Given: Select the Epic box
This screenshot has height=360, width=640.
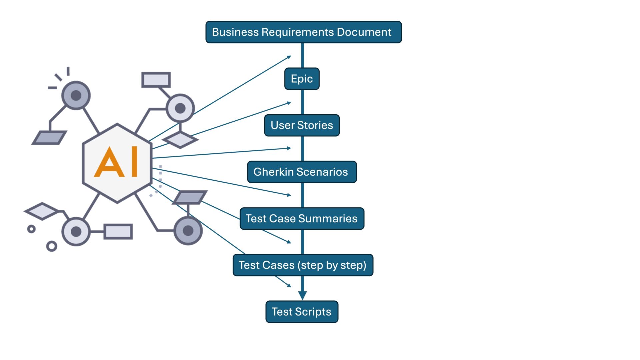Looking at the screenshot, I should pyautogui.click(x=302, y=79).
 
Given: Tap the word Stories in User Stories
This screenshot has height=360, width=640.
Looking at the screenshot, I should pyautogui.click(x=315, y=125).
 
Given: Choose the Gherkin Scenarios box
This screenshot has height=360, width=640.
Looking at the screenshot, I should pyautogui.click(x=302, y=172).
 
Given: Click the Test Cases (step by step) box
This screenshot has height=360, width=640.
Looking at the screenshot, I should pyautogui.click(x=303, y=265).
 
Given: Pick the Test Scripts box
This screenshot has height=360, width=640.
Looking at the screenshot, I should pyautogui.click(x=302, y=312).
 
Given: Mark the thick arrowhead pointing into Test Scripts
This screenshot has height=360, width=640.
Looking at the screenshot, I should pyautogui.click(x=302, y=295).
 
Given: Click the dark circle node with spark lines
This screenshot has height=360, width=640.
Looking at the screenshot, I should pyautogui.click(x=76, y=95).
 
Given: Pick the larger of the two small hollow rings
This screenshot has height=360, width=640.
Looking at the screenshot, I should pyautogui.click(x=52, y=246).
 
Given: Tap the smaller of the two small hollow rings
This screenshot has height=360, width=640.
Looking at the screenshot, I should pyautogui.click(x=31, y=229).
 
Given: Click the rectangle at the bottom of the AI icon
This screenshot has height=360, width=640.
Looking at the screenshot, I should pyautogui.click(x=118, y=232).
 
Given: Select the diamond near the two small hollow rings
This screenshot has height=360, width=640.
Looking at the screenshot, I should pyautogui.click(x=42, y=211).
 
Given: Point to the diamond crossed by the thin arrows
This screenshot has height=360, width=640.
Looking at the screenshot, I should pyautogui.click(x=180, y=140).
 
